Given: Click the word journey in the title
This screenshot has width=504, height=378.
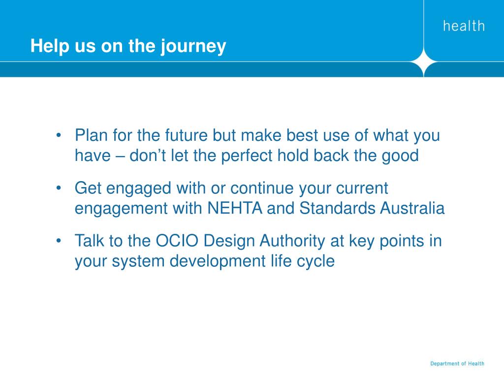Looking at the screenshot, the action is point(193,47).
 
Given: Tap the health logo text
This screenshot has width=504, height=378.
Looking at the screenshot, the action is point(464,26).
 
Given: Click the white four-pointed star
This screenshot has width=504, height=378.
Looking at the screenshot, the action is point(424,62).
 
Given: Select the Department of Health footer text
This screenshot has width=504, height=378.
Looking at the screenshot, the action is point(457,364).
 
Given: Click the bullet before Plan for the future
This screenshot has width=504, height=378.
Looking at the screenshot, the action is point(58,135).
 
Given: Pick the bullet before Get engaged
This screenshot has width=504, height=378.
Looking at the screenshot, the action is point(58,188).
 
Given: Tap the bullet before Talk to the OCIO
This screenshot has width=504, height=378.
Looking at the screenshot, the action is point(58,241).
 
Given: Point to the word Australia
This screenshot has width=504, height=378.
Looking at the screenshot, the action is point(412,208).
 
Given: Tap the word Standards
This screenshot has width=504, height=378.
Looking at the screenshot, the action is point(337,208).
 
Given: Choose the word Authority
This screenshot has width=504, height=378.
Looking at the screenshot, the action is point(292,241).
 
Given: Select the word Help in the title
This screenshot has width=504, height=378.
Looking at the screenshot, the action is point(50,46).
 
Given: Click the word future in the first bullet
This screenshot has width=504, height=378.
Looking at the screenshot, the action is point(187,135).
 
